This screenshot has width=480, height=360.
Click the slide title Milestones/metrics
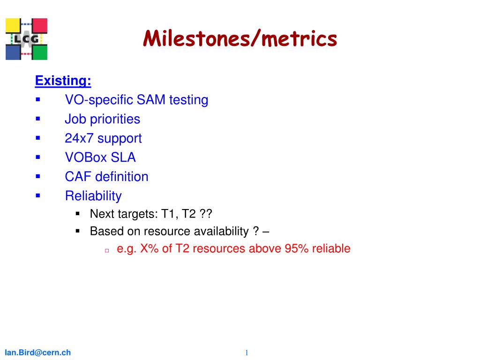click(240, 39)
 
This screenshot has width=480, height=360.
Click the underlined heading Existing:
click(63, 81)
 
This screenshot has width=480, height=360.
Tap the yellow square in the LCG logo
click(13, 26)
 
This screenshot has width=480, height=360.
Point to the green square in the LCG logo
click(40, 52)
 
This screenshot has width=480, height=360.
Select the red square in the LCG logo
click(40, 26)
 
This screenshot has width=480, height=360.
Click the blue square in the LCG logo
click(13, 52)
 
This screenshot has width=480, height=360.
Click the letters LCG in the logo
click(27, 39)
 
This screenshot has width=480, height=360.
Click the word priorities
click(115, 120)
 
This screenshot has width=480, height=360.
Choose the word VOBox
click(86, 157)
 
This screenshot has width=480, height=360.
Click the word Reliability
click(93, 196)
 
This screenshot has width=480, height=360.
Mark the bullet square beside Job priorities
click(38, 119)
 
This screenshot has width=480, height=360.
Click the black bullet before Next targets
click(78, 214)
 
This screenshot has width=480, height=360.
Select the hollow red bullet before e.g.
click(107, 250)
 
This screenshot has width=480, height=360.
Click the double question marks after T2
click(206, 214)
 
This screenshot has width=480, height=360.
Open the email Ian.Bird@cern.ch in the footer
click(37, 352)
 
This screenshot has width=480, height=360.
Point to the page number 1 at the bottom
click(247, 352)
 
